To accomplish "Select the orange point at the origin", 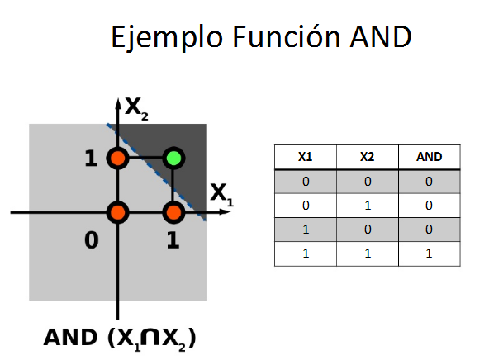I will pyautogui.click(x=117, y=212).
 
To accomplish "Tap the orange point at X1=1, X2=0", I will pyautogui.click(x=173, y=212).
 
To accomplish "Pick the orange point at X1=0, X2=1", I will pyautogui.click(x=117, y=158).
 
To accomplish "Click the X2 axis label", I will pyautogui.click(x=136, y=107).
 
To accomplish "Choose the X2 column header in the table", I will pyautogui.click(x=367, y=156).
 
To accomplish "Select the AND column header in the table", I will pyautogui.click(x=429, y=156).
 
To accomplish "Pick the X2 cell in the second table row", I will pyautogui.click(x=367, y=205).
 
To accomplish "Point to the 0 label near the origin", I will pyautogui.click(x=92, y=239).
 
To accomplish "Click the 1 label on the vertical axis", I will pyautogui.click(x=91, y=158).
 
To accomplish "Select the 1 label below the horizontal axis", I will pyautogui.click(x=173, y=240).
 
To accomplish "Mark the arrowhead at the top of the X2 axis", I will pyautogui.click(x=117, y=104).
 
